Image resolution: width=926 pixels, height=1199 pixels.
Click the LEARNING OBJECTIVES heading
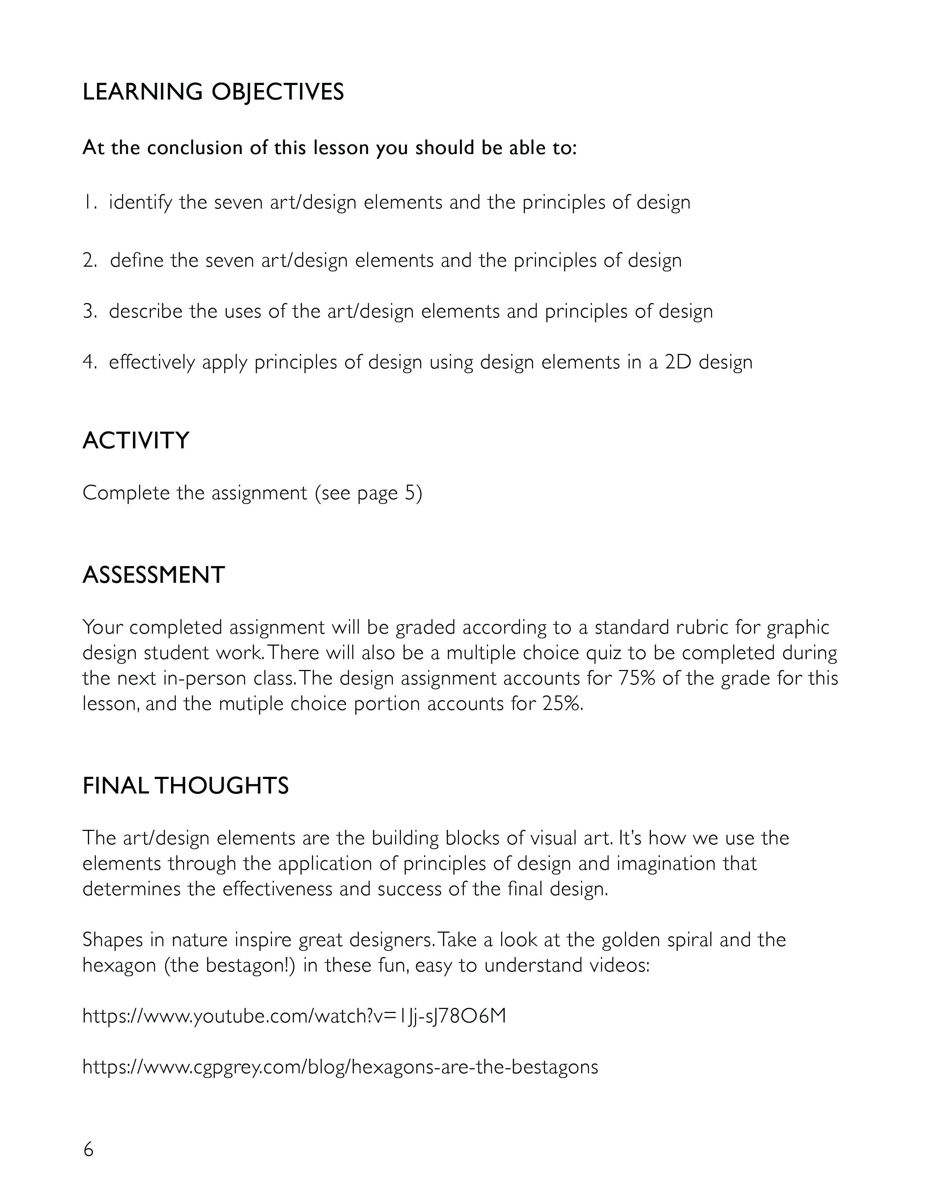(213, 92)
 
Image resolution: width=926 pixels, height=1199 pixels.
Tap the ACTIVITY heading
(135, 441)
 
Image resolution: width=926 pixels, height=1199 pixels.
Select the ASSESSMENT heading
(154, 575)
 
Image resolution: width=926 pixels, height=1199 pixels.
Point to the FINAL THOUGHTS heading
(186, 786)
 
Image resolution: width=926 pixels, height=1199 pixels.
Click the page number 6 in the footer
(88, 1149)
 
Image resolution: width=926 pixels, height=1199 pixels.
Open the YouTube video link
(294, 1016)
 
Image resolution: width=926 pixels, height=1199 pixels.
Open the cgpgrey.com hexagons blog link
(340, 1067)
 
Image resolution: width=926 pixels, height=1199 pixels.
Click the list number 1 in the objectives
(89, 203)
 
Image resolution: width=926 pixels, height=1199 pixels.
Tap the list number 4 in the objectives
(89, 362)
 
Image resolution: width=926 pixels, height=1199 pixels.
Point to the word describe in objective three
(145, 311)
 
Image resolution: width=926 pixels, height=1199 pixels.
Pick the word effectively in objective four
(152, 362)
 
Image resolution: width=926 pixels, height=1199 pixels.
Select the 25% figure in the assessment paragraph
(561, 704)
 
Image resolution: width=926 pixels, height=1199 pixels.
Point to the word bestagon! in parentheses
(250, 965)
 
